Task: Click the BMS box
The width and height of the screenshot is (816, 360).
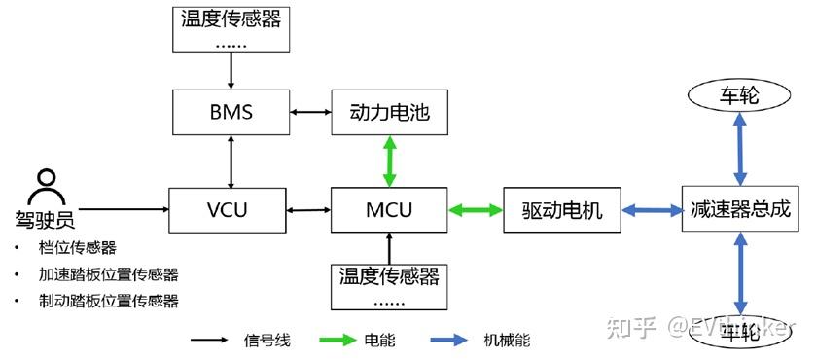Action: (231, 112)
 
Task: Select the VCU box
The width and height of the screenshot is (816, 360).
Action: (231, 210)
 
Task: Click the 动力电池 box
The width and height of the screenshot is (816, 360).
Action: (389, 112)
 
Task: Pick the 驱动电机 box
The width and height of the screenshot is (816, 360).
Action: (562, 210)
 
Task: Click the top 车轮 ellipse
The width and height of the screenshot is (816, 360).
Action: (740, 96)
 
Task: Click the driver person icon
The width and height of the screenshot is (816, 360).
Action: (45, 183)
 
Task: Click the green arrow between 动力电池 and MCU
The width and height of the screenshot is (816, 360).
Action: (389, 162)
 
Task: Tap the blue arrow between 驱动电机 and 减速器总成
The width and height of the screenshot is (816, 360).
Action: (651, 210)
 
